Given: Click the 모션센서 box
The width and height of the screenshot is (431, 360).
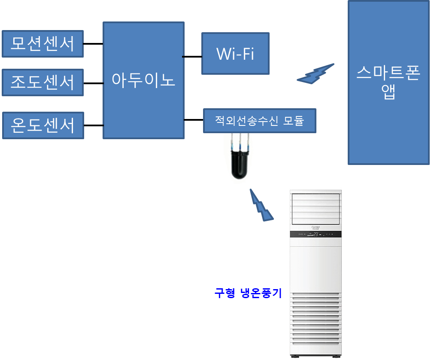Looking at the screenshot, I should [x=42, y=43].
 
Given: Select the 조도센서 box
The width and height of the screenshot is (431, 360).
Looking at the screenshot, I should [x=42, y=82].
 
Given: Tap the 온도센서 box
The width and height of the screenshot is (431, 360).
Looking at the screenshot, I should [x=43, y=125].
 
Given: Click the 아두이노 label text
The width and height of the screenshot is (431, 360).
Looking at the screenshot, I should [x=143, y=80].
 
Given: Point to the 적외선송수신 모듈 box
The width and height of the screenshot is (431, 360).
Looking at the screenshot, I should [x=259, y=121].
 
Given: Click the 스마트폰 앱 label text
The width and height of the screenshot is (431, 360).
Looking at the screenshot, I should [x=388, y=82].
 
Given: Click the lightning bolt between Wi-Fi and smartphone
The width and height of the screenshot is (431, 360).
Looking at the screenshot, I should [x=316, y=74].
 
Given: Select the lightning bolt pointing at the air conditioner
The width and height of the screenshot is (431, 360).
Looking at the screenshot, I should [x=261, y=205].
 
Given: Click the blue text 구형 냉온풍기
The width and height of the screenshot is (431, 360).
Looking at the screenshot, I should [x=248, y=293].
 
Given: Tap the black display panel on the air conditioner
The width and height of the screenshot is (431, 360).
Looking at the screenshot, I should [x=316, y=234].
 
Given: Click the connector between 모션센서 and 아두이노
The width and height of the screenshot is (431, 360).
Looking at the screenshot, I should [x=93, y=44].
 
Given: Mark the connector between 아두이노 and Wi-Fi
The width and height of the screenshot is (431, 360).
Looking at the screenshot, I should [x=193, y=56].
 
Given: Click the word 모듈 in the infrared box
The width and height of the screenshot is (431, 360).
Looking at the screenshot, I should [x=293, y=121].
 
